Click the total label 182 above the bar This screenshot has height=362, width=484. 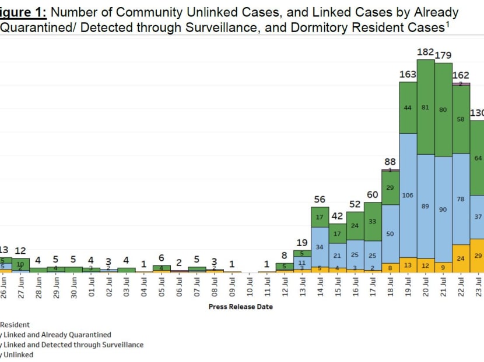(x=426, y=52)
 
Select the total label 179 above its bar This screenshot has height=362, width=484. (x=444, y=55)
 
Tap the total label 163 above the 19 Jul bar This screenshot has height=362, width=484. (x=408, y=74)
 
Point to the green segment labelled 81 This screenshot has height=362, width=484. (x=426, y=107)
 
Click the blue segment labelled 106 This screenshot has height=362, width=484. (x=408, y=195)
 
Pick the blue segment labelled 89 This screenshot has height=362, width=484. (x=426, y=206)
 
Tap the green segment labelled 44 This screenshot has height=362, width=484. (x=408, y=108)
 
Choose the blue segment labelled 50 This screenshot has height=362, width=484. (x=390, y=233)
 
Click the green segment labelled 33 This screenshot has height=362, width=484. (x=373, y=221)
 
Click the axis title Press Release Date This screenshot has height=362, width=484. (x=240, y=307)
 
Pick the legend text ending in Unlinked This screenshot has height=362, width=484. (x=17, y=354)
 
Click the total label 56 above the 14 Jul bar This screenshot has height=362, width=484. (x=320, y=199)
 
